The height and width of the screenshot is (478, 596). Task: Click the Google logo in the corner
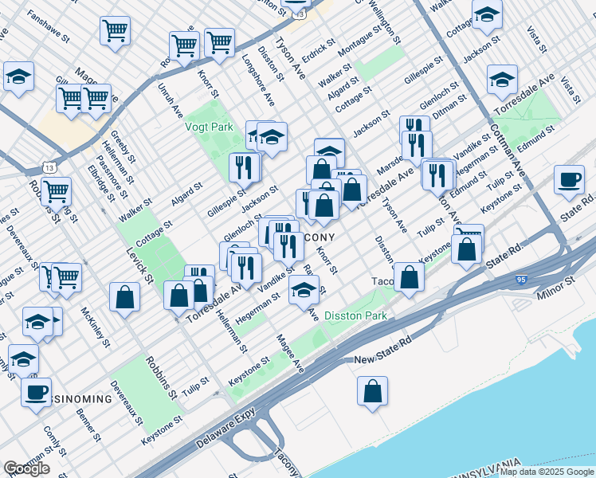[26, 468]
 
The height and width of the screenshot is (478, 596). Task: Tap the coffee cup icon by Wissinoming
[36, 393]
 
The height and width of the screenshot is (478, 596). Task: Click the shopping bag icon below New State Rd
[372, 391]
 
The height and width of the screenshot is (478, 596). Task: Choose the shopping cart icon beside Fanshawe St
[115, 31]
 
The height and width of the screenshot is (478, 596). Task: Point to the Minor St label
[559, 283]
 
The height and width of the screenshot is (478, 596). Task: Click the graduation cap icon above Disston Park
[304, 292]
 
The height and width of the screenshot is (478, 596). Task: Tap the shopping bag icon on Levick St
[125, 298]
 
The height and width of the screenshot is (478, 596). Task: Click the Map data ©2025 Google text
[547, 472]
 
